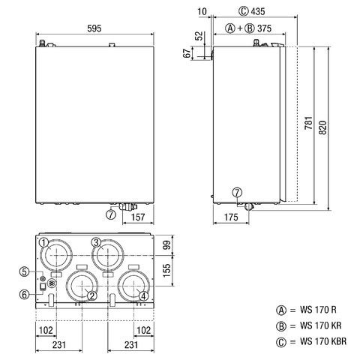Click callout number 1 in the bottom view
point(43,242)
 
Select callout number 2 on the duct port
point(91,295)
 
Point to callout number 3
point(96,241)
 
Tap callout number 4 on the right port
point(142,295)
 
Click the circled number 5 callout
point(24,271)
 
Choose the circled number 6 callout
point(24,295)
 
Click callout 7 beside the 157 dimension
point(111,214)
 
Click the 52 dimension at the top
point(199,36)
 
